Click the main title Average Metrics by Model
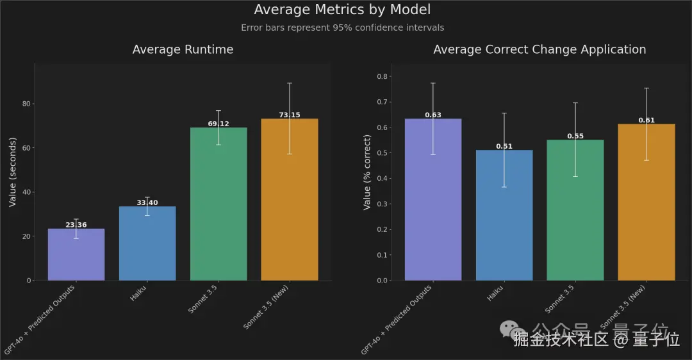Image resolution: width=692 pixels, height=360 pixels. click(342, 10)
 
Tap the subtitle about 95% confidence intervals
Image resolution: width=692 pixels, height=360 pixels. click(342, 28)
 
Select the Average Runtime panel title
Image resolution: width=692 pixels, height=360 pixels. click(183, 49)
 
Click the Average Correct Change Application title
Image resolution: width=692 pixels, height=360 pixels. click(540, 49)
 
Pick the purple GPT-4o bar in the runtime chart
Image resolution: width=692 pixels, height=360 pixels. click(76, 256)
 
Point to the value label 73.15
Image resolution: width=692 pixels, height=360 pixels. click(290, 115)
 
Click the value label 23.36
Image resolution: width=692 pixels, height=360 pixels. click(76, 225)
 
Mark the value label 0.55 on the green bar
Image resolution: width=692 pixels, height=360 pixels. click(575, 136)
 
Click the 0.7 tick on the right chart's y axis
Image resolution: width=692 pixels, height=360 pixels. click(382, 102)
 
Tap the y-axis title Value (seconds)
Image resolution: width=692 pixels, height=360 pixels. click(12, 172)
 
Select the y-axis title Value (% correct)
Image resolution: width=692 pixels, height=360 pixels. click(367, 172)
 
